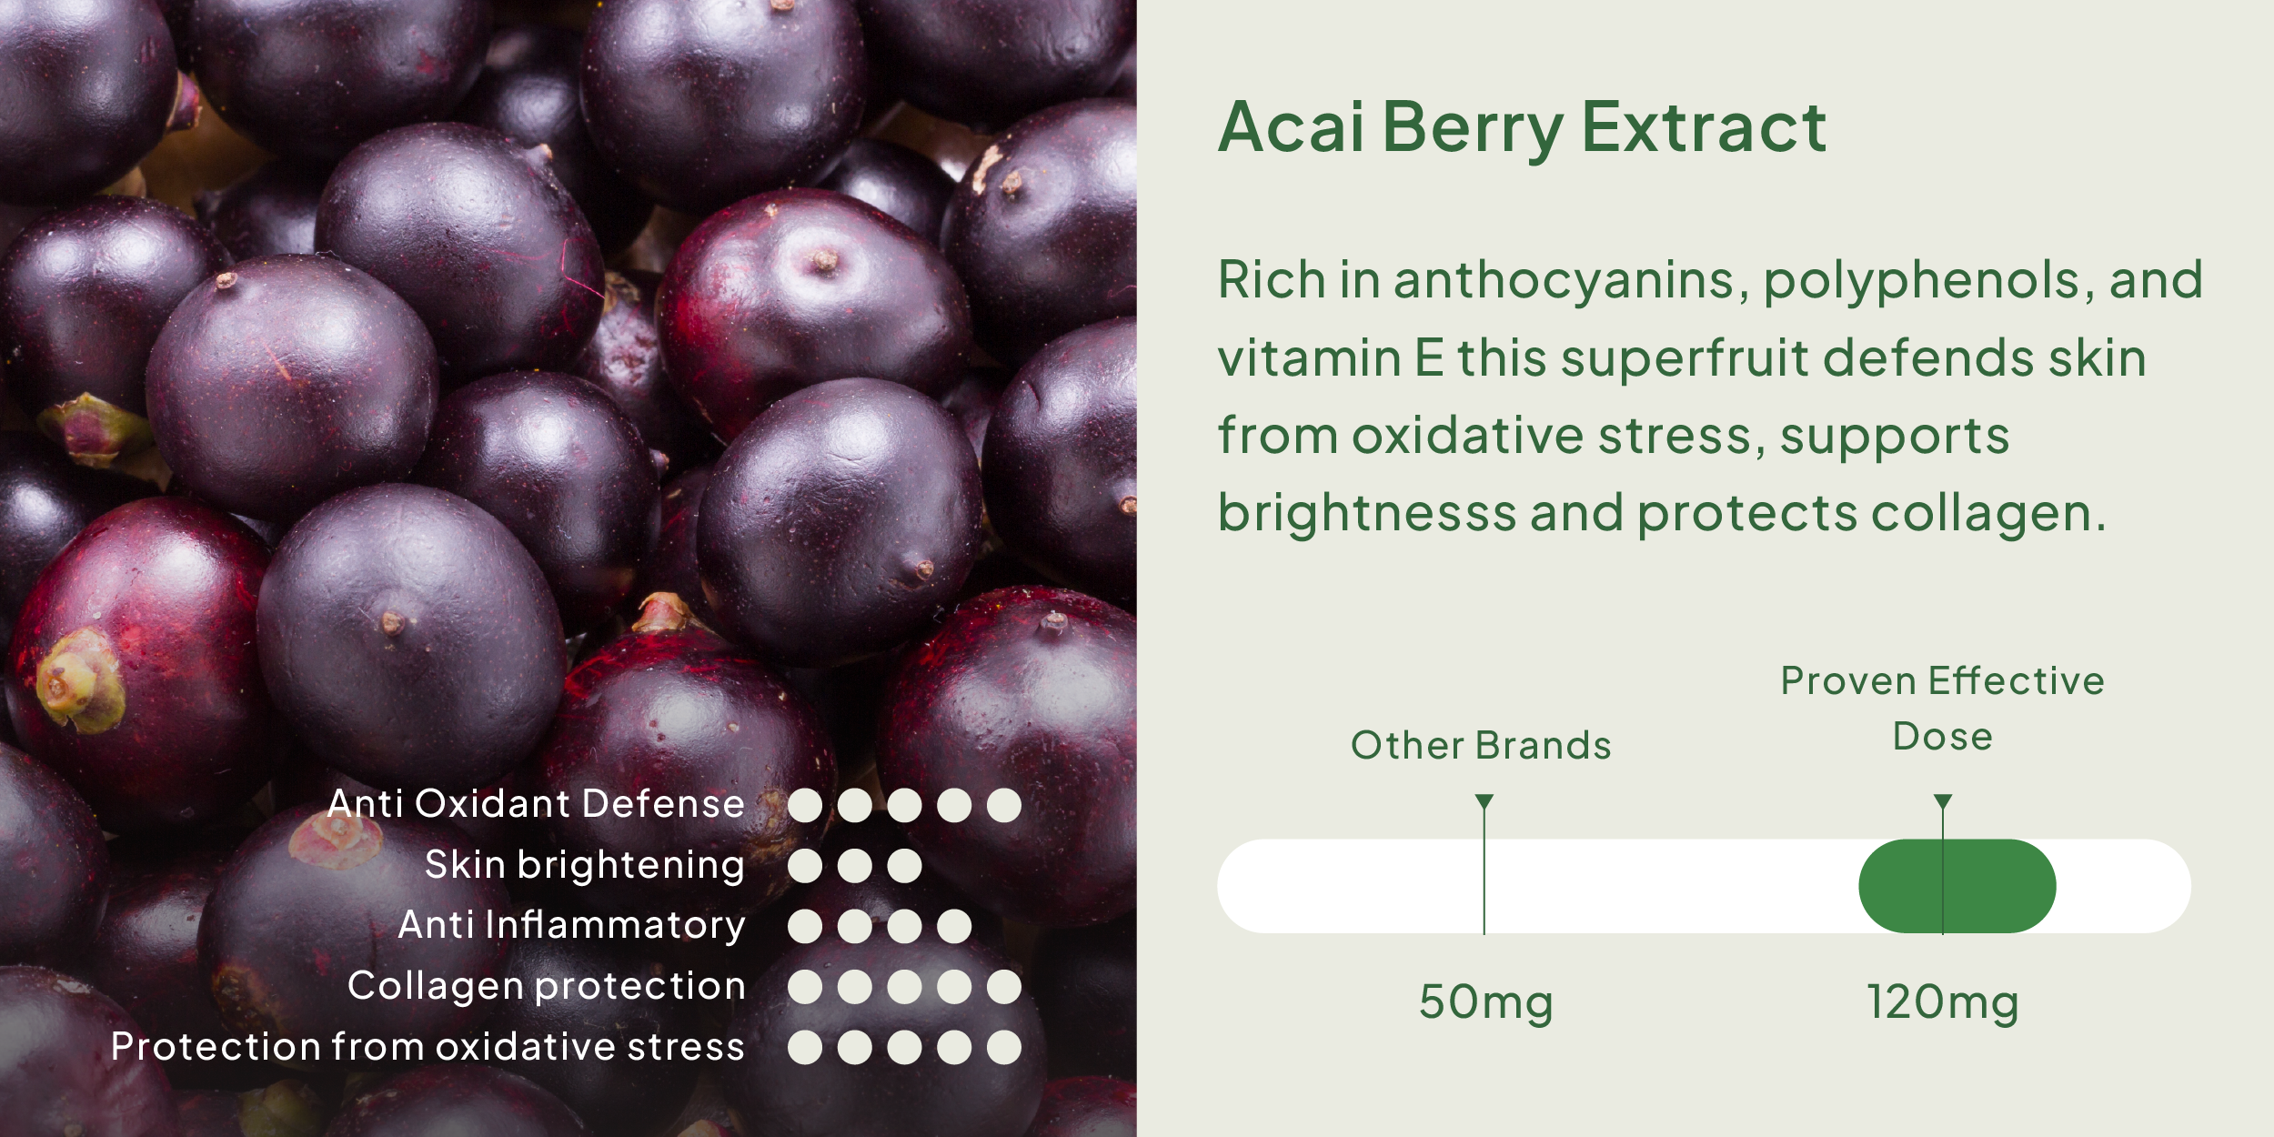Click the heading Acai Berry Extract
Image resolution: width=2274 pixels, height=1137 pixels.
1522,129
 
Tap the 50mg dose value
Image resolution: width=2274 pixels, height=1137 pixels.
1486,1003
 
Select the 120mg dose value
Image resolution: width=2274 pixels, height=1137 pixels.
1943,1003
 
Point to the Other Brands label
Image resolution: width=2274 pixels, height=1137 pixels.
1481,745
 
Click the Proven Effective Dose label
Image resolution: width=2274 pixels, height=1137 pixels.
1943,708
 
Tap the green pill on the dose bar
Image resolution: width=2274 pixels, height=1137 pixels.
1957,886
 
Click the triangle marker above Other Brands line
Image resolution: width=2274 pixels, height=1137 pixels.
1484,801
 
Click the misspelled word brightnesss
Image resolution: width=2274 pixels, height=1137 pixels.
1367,513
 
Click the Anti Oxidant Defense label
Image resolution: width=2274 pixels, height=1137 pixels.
536,803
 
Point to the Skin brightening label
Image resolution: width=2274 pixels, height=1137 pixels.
584,865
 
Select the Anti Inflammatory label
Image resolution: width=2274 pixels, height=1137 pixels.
571,925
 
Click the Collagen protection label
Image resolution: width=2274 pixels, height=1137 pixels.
546,986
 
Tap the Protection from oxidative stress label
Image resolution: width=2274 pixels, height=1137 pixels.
428,1046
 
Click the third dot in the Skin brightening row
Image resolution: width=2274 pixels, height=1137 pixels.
904,866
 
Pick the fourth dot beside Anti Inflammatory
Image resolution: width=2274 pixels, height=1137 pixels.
954,927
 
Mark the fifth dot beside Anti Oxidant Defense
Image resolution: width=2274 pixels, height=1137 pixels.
1004,805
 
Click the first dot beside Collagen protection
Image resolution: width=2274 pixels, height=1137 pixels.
805,987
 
